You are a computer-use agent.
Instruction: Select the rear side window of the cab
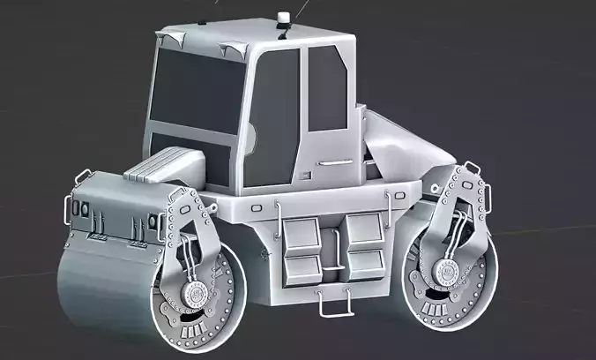coord(327,87)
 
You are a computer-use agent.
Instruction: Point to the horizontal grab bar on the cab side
coord(335,161)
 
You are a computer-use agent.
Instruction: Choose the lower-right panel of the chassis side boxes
coord(366,260)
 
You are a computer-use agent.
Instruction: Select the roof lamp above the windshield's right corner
coord(236,48)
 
